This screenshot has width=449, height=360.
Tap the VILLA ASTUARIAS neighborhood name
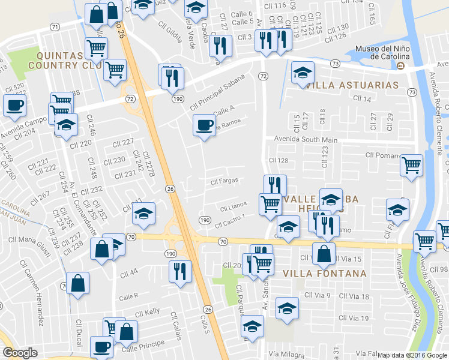[x=352, y=85]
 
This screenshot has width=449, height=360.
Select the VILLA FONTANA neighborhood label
[x=323, y=274]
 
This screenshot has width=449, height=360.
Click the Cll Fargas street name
[x=225, y=180]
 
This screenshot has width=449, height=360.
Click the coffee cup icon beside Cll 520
[x=14, y=106]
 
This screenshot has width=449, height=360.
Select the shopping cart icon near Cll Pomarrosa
[x=411, y=164]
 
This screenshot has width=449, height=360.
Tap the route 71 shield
[x=55, y=27]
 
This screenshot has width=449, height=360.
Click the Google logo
[x=20, y=353]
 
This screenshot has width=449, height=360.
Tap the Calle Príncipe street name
[x=143, y=347]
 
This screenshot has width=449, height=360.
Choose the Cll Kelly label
[x=147, y=313]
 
